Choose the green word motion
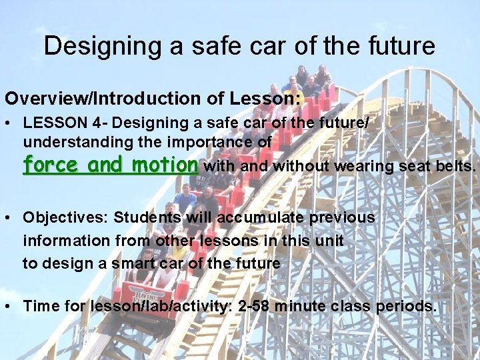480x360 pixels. coord(165,165)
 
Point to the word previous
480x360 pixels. coord(342,217)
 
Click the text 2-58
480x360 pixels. coord(253,306)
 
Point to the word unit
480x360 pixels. coord(331,240)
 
